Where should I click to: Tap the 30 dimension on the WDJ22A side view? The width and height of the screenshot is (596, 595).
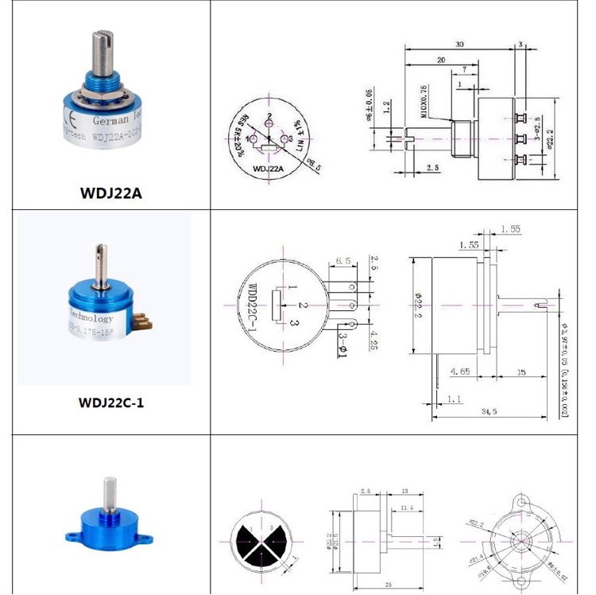click(x=460, y=45)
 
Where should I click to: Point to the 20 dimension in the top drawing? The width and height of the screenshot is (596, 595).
click(x=439, y=60)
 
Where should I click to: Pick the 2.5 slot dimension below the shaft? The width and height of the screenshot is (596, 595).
click(x=432, y=168)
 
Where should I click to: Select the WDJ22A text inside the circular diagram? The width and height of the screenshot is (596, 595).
click(x=269, y=169)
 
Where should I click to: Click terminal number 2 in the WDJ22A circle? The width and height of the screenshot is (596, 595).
click(x=270, y=118)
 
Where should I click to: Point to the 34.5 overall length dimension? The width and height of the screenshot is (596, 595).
click(x=489, y=411)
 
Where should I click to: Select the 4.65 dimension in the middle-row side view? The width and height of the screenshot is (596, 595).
click(x=459, y=371)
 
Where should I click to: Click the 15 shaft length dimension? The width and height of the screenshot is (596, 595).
click(x=521, y=371)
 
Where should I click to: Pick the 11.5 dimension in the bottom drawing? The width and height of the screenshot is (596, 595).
click(x=407, y=507)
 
